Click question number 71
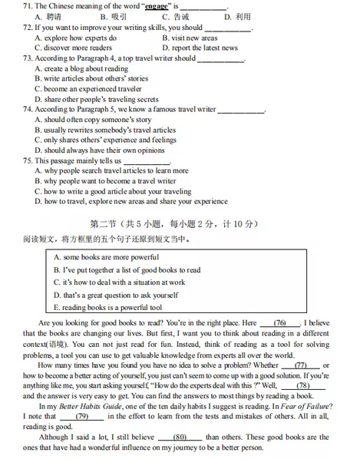tap(28, 7)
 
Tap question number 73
tap(28, 58)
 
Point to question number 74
tap(28, 110)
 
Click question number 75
tap(28, 161)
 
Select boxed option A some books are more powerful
tap(105, 256)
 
